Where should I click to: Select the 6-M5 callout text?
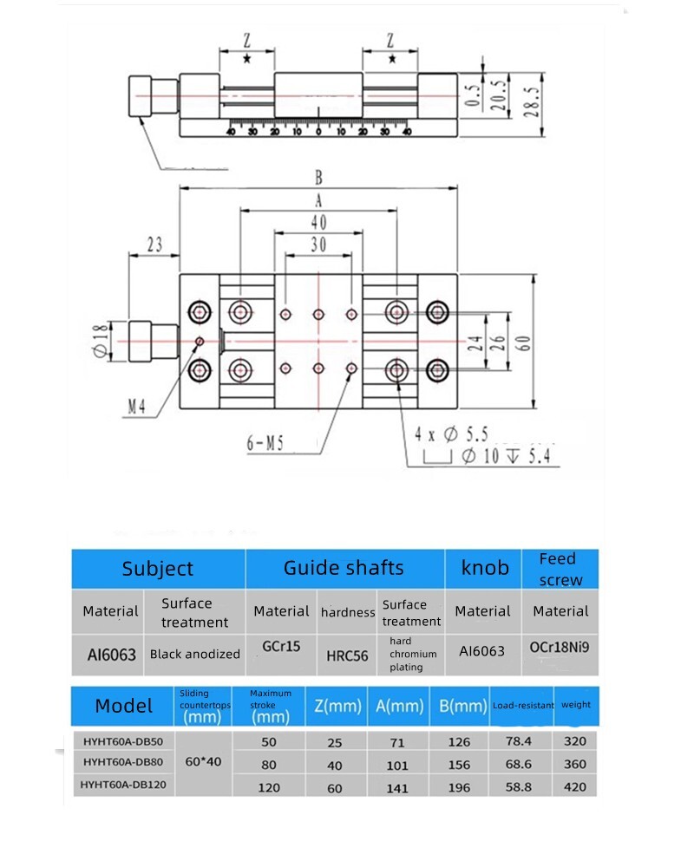265,444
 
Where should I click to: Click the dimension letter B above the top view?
318,178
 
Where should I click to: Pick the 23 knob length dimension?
154,245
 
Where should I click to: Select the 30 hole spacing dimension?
318,245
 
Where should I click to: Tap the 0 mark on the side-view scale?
318,132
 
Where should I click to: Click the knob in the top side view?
143,95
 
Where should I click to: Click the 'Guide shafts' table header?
344,569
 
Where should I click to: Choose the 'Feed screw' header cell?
560,569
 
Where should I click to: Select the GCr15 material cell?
280,646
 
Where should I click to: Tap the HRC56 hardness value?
347,655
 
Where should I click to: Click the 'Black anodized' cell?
194,654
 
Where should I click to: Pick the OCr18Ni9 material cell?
560,646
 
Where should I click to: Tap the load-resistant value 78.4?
521,741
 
